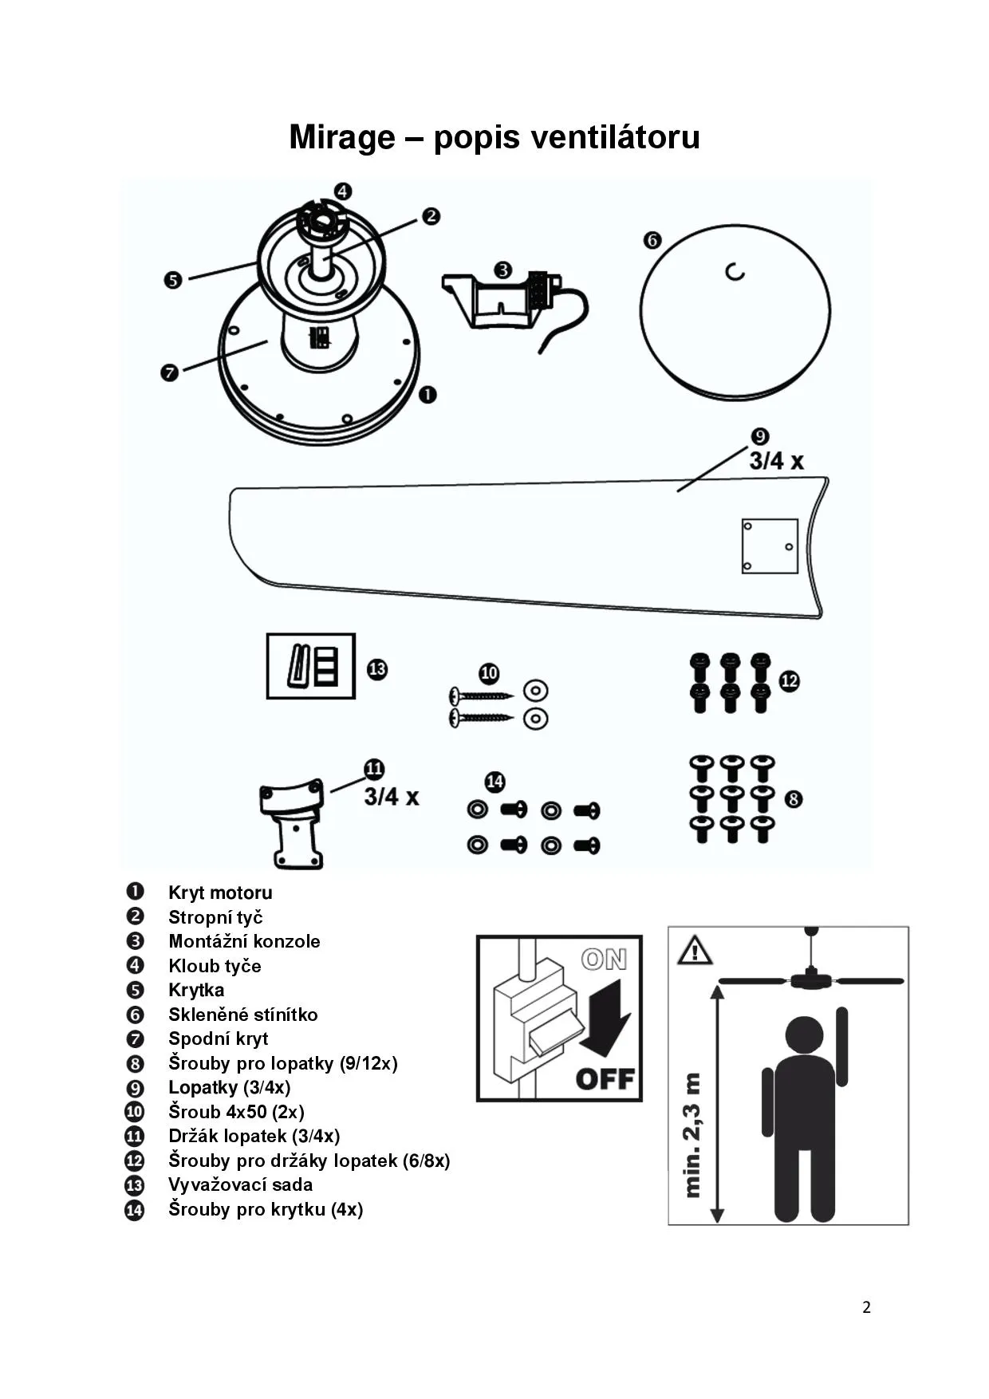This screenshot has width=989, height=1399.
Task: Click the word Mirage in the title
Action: pos(341,137)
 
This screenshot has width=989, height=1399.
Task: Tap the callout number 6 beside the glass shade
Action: pos(652,239)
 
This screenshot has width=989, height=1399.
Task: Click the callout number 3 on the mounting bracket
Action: pos(502,270)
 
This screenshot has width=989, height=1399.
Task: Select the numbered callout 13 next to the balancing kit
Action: pos(377,668)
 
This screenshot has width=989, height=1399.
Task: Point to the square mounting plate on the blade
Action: pos(769,546)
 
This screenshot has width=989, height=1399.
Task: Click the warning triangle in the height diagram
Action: pos(695,950)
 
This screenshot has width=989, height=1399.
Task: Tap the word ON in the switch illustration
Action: pos(604,959)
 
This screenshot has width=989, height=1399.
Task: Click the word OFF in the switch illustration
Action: pos(605,1079)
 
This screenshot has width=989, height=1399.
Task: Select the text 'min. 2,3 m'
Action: pos(692,1135)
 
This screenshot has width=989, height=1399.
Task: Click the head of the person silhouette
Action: pos(805,1034)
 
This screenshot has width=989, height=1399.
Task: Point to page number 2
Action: pos(866,1306)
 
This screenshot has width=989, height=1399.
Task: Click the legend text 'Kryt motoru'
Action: pos(220,893)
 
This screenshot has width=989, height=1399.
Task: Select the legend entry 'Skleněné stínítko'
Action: pos(242,1015)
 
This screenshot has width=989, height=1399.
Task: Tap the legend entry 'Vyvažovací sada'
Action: pos(240,1184)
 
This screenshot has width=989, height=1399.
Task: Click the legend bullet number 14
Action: pos(135,1210)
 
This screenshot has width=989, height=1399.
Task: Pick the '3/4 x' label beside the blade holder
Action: pos(392,796)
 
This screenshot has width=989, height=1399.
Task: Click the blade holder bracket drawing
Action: pos(293,822)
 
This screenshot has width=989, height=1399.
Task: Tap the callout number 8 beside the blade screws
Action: pos(793,798)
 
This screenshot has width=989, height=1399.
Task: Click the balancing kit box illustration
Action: pos(310,666)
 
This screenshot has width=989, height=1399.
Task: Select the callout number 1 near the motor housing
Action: pos(428,394)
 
